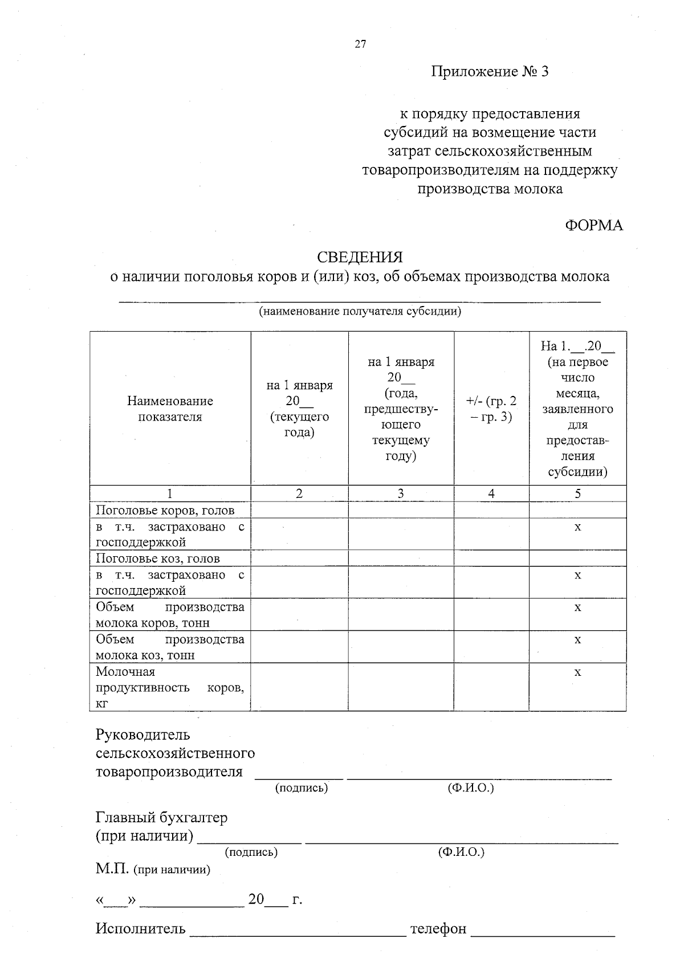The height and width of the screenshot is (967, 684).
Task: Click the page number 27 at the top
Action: pos(360,44)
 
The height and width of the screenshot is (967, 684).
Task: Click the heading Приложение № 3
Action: pos(489,72)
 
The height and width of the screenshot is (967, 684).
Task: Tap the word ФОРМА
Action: pos(593,226)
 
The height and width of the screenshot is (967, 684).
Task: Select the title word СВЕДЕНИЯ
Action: pos(360,258)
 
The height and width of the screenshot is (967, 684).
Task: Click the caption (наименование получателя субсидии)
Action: pos(360,312)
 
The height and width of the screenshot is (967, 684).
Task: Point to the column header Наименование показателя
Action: pos(170,409)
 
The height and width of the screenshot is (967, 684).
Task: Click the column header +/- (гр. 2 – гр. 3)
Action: pos(491,409)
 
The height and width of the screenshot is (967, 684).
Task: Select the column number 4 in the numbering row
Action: pos(491,494)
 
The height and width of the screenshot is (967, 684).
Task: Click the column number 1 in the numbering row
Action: pos(170,494)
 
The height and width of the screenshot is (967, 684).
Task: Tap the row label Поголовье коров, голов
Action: pos(165,511)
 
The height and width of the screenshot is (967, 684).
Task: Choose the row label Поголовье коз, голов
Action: pos(157,558)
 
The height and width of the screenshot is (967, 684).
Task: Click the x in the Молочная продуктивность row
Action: pos(577,673)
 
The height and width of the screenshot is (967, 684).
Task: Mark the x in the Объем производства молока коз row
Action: pos(577,640)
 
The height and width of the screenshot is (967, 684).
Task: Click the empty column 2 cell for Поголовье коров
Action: pos(299,511)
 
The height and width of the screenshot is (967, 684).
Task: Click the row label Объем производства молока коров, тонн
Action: pos(170,615)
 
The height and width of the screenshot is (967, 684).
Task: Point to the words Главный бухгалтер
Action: pos(161,818)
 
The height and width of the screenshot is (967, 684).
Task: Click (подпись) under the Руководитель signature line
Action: pos(301,789)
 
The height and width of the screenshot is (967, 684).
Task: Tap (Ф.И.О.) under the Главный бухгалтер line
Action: pos(461,852)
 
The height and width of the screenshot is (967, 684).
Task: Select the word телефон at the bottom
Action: pos(438,929)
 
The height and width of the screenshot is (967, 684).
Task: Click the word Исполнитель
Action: pos(140,929)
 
